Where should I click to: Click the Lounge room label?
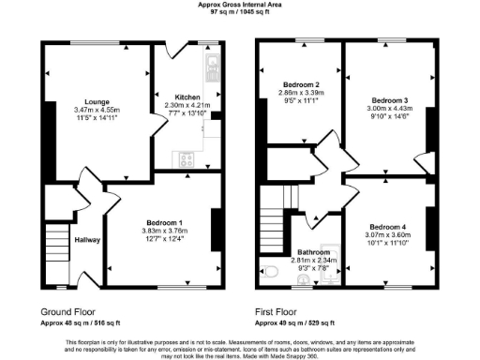point(97,101)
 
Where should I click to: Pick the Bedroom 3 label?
point(389,100)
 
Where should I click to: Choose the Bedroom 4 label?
point(387,227)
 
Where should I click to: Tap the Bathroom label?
point(314,253)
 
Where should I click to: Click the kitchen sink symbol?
point(212,65)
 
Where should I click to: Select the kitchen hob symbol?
point(185,158)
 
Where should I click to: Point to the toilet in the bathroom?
point(271,272)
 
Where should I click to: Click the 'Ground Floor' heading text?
point(67,310)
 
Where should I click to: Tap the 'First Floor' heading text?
point(277,310)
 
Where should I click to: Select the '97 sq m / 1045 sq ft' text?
point(239,12)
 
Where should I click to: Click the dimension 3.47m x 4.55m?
point(97,111)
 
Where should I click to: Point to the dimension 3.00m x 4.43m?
point(389,109)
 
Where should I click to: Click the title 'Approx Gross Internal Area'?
point(239,5)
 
